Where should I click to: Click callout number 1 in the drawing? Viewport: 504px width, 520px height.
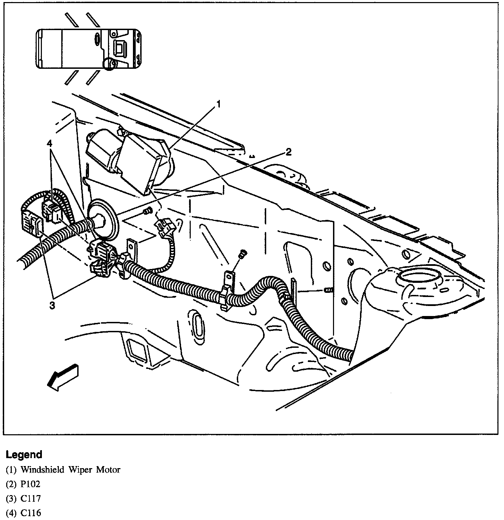[219, 104]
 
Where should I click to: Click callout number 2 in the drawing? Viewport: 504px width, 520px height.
[288, 152]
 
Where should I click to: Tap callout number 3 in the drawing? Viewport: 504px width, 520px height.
[52, 306]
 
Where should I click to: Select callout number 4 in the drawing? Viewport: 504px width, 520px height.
[51, 143]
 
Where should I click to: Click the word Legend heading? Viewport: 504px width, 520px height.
[24, 454]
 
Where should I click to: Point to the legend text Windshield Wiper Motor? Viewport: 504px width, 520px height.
[70, 470]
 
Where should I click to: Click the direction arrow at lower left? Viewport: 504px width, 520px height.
[62, 377]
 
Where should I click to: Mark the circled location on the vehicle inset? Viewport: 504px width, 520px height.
[110, 64]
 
